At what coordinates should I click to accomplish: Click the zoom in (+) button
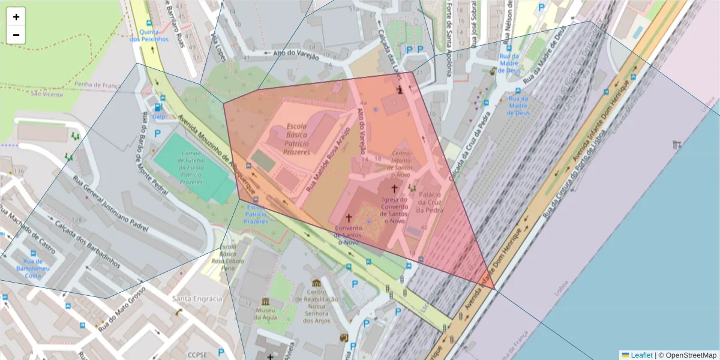coord(16,17)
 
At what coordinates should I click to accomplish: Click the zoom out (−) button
coord(16,35)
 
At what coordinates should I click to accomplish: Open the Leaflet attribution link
coord(641,355)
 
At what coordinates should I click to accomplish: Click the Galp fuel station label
coord(158,116)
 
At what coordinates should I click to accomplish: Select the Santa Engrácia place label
coord(197,298)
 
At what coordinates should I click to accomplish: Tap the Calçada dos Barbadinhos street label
coord(88,245)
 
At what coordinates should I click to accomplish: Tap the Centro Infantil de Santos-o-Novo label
coord(401,164)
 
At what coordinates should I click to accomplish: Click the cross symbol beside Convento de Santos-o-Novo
coord(348,217)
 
